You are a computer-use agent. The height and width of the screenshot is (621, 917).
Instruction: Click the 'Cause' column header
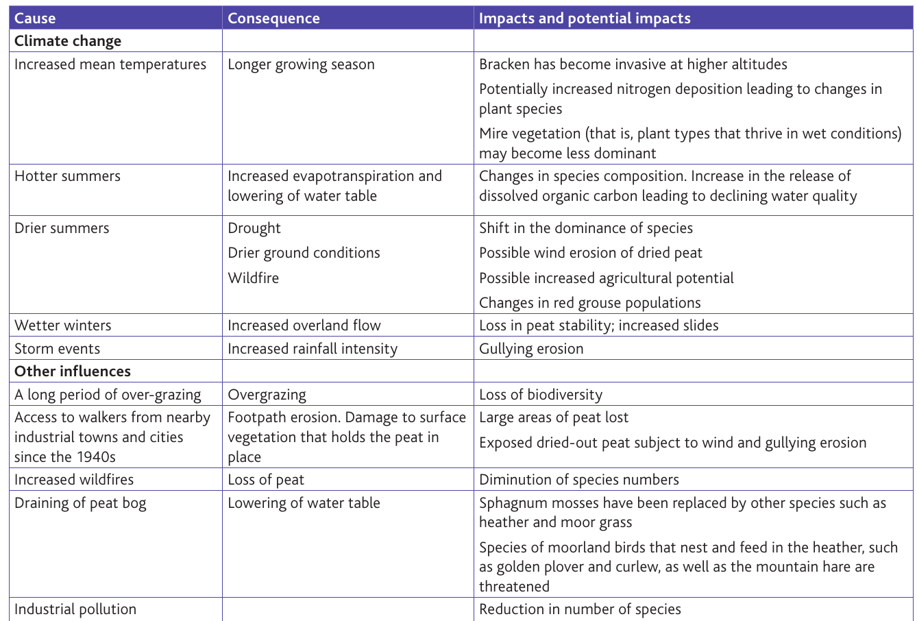click(35, 19)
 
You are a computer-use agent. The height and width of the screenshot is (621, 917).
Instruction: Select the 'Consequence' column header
click(273, 19)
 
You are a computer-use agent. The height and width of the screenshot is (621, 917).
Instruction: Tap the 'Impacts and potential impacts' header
click(585, 19)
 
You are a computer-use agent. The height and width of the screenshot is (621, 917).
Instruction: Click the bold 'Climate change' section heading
click(68, 41)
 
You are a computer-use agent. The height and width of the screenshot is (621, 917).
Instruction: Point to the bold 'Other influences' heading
click(73, 372)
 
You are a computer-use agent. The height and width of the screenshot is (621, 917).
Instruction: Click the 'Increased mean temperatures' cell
click(110, 64)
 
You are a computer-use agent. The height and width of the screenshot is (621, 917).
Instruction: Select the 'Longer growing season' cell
click(301, 64)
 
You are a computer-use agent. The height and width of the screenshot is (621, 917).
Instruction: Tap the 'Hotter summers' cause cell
click(67, 176)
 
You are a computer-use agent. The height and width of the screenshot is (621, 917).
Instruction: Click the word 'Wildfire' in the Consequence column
click(253, 278)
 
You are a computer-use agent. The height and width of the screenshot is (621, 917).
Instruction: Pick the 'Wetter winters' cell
click(62, 326)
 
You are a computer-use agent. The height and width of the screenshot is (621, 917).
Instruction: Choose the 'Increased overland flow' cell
click(304, 326)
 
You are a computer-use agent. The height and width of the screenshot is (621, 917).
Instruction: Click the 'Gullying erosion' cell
click(531, 349)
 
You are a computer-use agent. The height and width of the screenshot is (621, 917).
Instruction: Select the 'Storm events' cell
click(57, 349)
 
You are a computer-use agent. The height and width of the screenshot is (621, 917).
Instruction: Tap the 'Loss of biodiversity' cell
click(540, 395)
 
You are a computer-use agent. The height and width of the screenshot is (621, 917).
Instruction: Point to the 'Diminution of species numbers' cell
click(579, 480)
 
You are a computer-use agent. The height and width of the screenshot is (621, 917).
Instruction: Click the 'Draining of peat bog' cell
click(80, 503)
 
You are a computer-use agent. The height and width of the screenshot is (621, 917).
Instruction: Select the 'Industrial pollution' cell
click(75, 609)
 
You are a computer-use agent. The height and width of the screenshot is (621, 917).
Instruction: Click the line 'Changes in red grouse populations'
click(589, 303)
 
